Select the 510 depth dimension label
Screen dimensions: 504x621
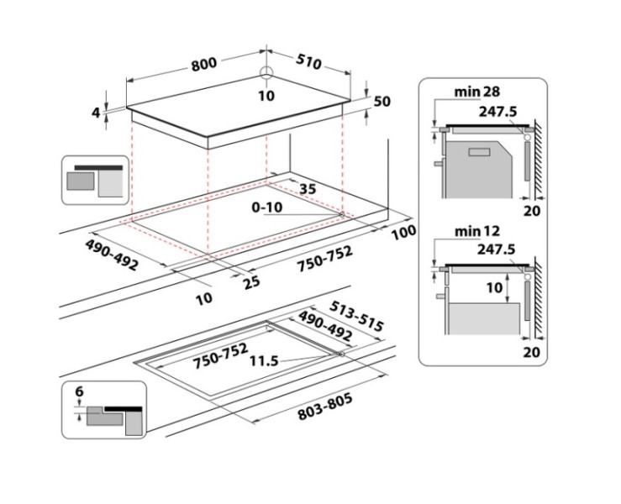coord(309,63)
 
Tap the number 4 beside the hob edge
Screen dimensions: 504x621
coord(97,112)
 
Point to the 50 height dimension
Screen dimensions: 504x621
coord(382,102)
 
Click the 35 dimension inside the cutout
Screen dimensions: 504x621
coord(308,190)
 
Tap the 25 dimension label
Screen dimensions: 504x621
coord(250,282)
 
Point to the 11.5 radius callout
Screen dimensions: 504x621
coord(264,362)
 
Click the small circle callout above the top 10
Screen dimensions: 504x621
coord(266,73)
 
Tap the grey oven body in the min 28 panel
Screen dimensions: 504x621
coord(475,168)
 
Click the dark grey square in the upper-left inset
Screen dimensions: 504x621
coord(81,180)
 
